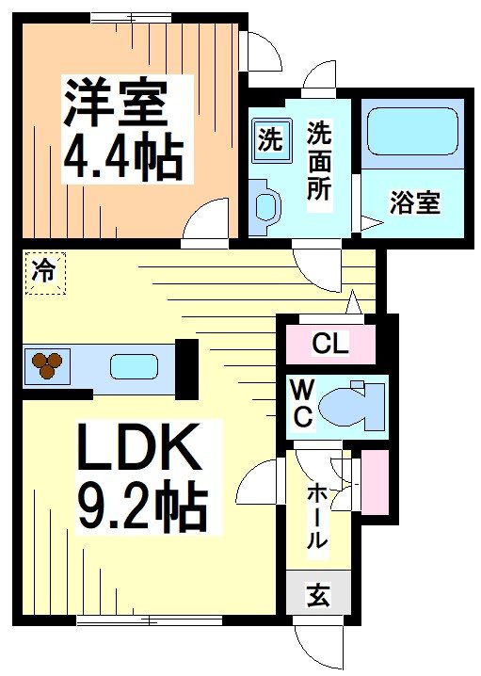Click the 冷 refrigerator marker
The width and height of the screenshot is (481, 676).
tap(43, 272)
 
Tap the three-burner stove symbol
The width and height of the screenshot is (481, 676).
tap(45, 364)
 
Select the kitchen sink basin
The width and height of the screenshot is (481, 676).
tap(132, 366)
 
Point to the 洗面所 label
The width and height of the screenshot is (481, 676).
tap(319, 161)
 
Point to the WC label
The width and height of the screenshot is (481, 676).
tap(302, 404)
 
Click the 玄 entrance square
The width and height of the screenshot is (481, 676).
tap(318, 595)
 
